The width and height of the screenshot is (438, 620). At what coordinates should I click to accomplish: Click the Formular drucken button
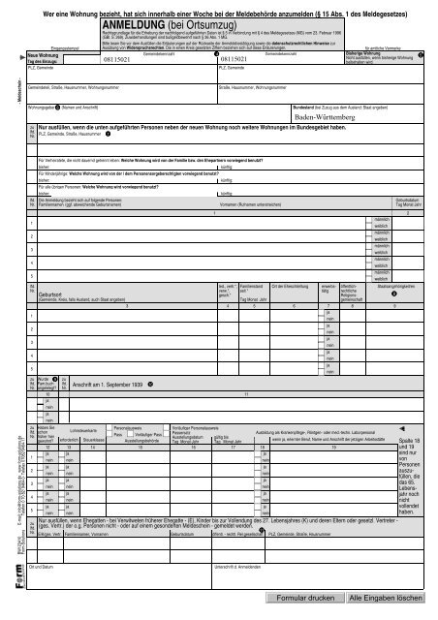tap(309, 601)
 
